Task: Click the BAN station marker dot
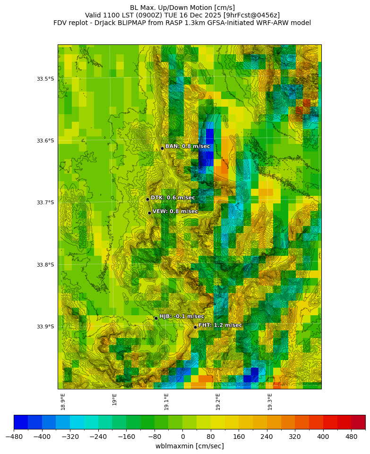coord(162,148)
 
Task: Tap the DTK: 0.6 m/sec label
coord(172,198)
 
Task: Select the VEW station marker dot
coord(149,213)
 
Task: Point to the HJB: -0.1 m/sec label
coord(181,316)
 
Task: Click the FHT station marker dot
coord(195,327)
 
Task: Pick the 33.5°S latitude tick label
coord(45,79)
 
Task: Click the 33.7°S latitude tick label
coord(45,203)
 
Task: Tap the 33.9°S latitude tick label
coord(45,327)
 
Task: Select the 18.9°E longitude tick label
coord(63,401)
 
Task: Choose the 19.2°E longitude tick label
coord(218,401)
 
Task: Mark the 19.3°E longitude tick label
coord(270,401)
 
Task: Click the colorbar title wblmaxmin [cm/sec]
coord(189,446)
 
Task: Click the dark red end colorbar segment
coord(358,421)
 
